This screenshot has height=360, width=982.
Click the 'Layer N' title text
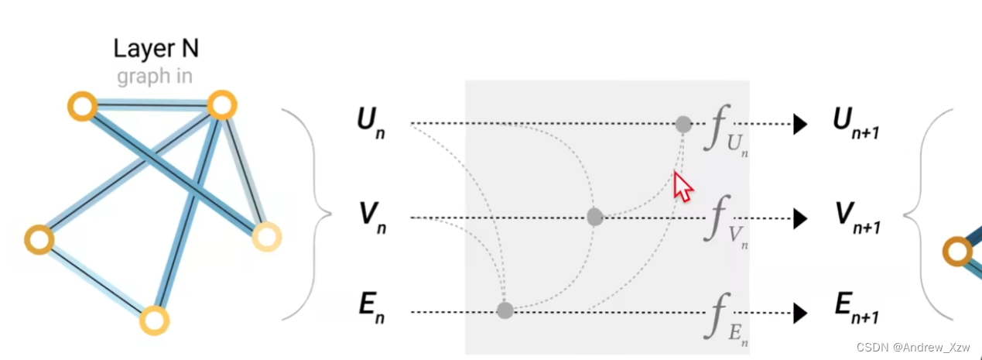[156, 49]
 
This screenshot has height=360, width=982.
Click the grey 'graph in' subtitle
[155, 77]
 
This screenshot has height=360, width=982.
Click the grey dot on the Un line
[683, 124]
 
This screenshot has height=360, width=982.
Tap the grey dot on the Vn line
[594, 218]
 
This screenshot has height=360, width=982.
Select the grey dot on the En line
[505, 311]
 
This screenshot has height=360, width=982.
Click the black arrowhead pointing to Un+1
[800, 124]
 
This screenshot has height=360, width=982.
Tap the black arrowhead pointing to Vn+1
[800, 219]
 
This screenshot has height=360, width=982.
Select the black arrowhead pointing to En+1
[800, 313]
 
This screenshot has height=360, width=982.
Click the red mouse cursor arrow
[682, 186]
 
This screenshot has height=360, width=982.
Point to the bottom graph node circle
[154, 320]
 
